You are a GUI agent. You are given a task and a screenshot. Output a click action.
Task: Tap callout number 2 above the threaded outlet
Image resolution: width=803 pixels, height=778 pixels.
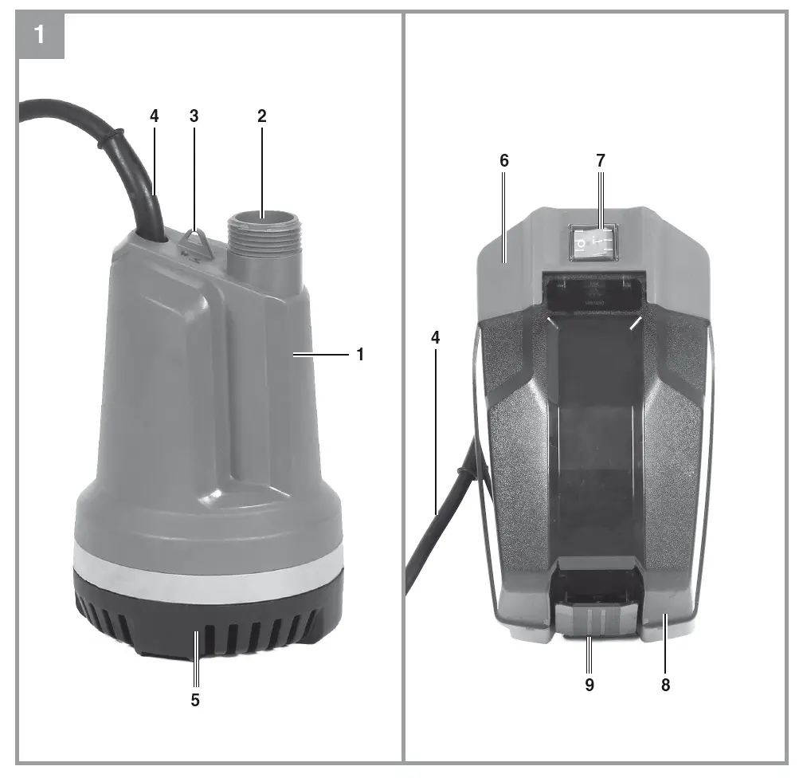tap(261, 116)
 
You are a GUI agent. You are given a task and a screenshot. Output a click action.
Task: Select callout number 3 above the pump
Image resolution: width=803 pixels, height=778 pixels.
tap(194, 116)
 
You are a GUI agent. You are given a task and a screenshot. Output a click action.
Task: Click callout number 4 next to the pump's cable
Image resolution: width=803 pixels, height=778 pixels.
tap(154, 116)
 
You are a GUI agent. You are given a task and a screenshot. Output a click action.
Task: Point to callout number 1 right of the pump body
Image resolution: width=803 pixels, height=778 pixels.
tap(360, 355)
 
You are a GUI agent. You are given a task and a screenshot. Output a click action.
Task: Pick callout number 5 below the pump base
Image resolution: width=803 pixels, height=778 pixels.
tap(195, 701)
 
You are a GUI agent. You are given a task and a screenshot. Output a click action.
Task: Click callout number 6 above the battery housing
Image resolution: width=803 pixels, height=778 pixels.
tap(503, 160)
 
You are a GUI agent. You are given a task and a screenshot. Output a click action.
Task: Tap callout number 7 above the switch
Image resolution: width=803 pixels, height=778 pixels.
tap(601, 160)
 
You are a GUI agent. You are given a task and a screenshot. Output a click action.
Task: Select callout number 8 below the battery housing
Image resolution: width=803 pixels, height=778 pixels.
tap(665, 684)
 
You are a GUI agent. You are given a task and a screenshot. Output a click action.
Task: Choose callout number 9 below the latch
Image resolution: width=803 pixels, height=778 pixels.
tap(590, 684)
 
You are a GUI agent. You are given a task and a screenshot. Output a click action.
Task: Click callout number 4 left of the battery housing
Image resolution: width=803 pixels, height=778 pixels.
tap(435, 337)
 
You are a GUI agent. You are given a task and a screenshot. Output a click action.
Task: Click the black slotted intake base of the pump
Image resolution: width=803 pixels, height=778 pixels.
tap(207, 626)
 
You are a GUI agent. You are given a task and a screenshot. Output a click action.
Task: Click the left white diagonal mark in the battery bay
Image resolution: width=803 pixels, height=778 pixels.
tap(552, 322)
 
